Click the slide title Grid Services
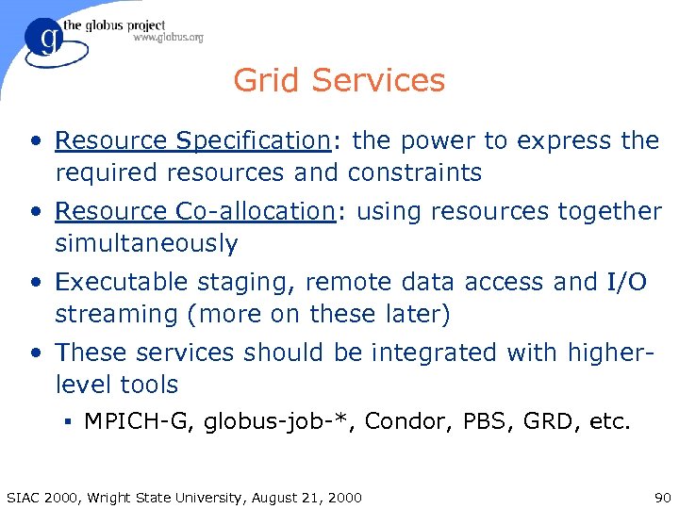click(x=339, y=80)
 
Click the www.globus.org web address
click(x=168, y=38)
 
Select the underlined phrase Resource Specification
click(x=191, y=140)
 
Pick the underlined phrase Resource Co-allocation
click(x=195, y=211)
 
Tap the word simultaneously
click(x=146, y=243)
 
